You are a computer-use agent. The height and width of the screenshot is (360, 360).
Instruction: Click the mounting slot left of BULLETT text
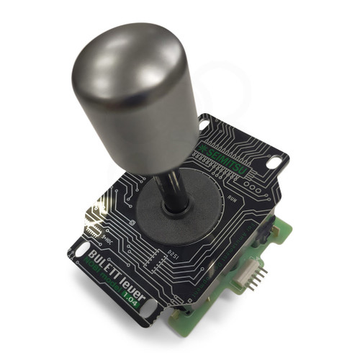click(76, 252)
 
